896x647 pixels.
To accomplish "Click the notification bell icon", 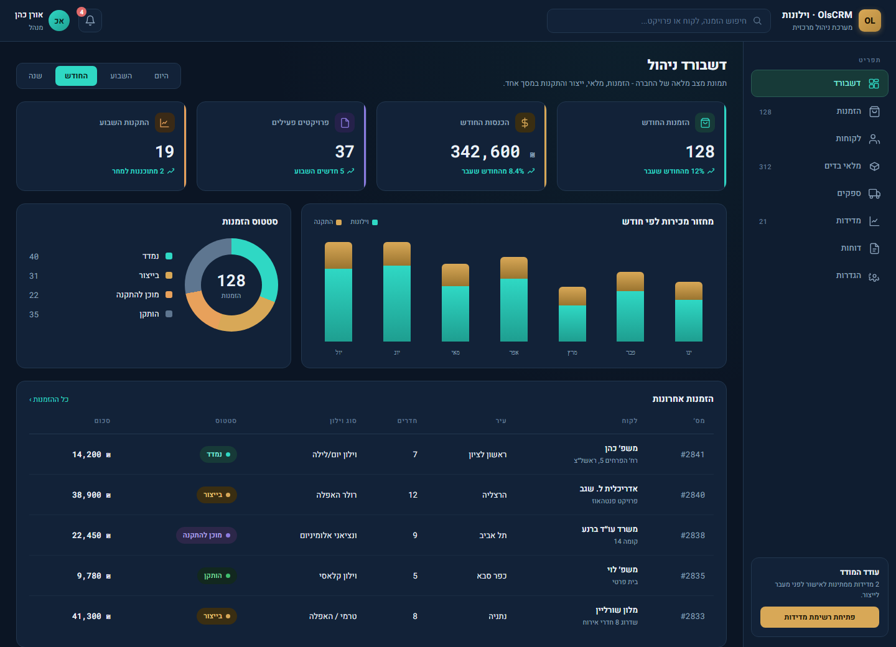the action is click(x=90, y=21).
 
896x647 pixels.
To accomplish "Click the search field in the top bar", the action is click(x=658, y=21).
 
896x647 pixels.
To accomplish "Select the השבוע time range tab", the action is click(x=121, y=76).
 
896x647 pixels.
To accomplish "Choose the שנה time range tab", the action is click(x=35, y=76).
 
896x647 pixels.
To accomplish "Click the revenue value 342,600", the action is click(x=485, y=152).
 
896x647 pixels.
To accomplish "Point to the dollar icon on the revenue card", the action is click(x=525, y=123).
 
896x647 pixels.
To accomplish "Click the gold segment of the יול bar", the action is click(x=338, y=256).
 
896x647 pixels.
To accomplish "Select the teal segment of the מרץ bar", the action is click(x=572, y=323).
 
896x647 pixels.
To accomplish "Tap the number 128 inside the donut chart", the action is click(x=231, y=281).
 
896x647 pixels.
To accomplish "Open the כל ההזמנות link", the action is click(x=49, y=399).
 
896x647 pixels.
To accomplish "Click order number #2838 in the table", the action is click(x=693, y=536).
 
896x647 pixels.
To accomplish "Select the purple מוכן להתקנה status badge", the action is click(x=207, y=536).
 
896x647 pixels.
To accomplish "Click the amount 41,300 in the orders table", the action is click(x=91, y=617).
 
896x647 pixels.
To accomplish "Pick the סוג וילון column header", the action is click(x=343, y=421).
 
